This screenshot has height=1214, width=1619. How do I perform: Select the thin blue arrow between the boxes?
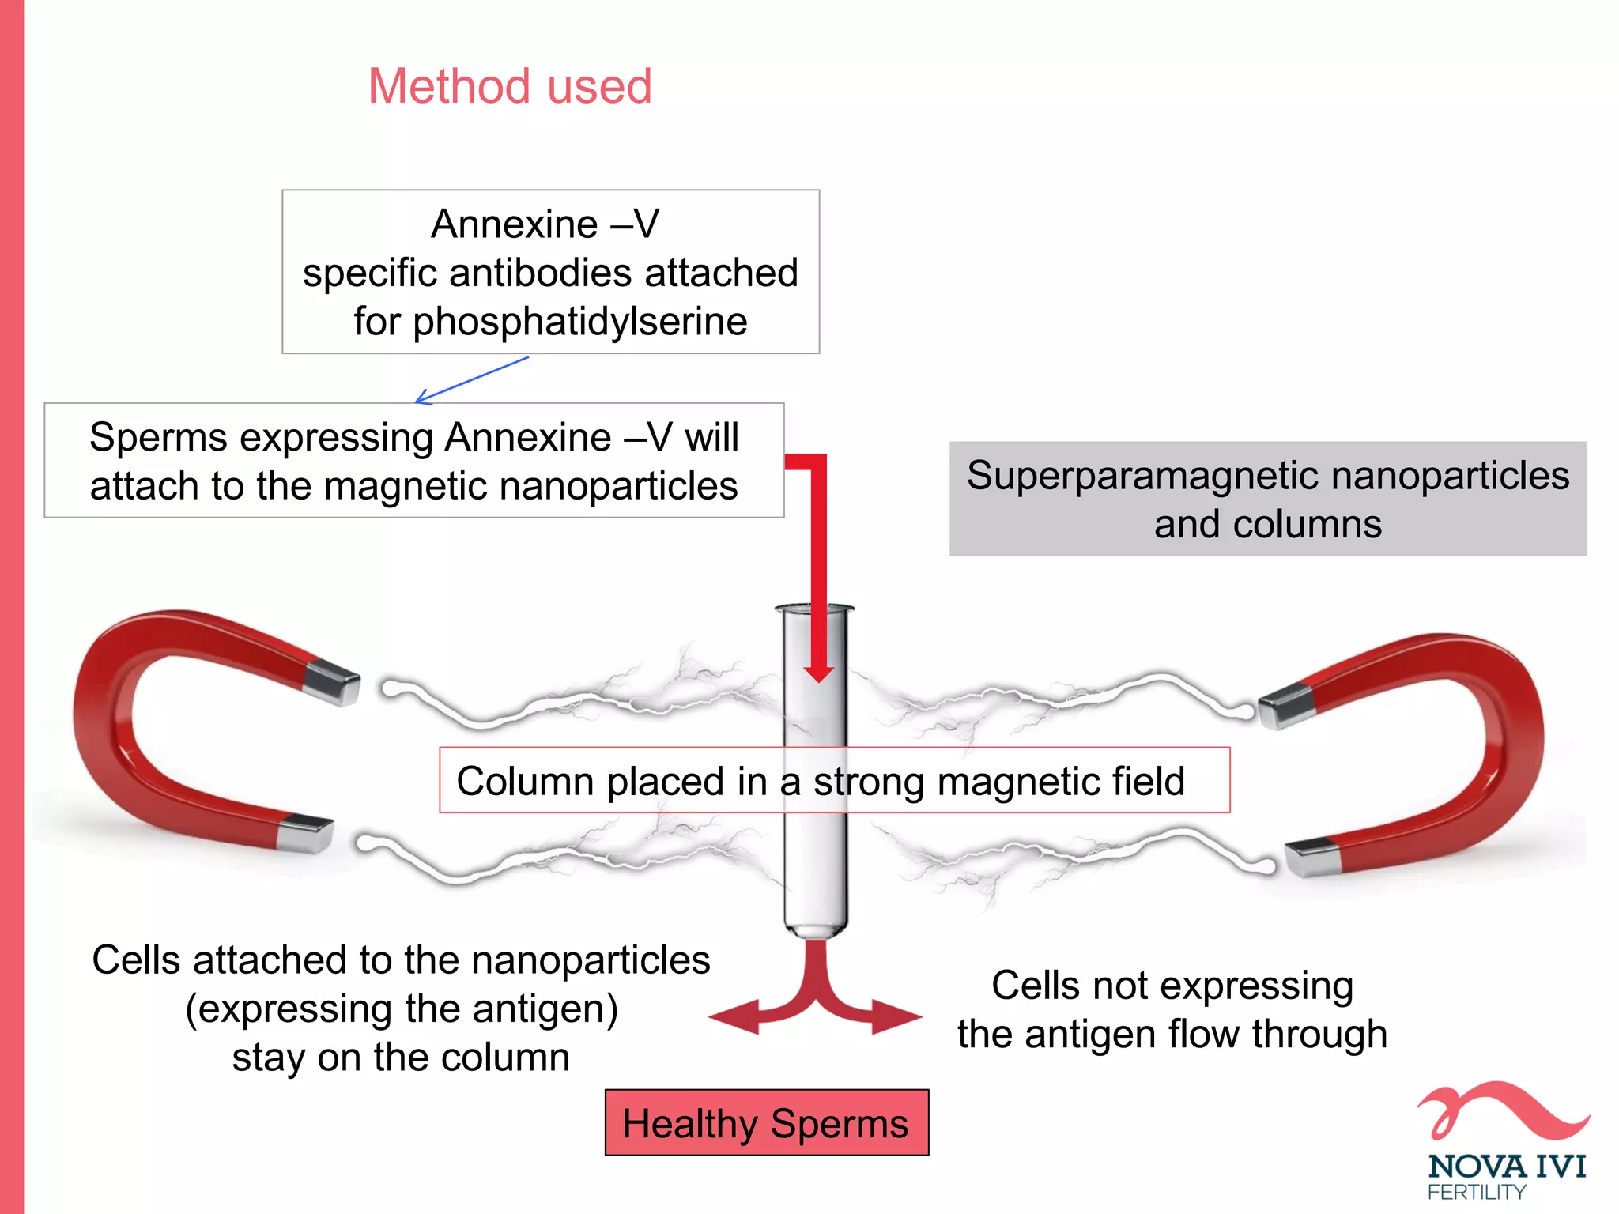click(472, 380)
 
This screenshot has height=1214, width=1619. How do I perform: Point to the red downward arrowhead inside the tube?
click(818, 673)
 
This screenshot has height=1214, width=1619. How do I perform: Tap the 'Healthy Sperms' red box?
click(766, 1123)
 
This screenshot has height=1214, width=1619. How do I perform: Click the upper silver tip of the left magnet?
click(332, 681)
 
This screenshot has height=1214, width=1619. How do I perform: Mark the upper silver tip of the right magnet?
click(1285, 706)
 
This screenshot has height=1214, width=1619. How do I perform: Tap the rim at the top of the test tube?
click(815, 609)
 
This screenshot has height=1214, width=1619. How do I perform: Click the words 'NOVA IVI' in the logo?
click(1506, 1166)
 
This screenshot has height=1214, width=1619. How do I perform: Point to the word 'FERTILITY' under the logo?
click(1476, 1192)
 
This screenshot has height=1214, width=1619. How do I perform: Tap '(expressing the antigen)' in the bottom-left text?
click(402, 1009)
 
